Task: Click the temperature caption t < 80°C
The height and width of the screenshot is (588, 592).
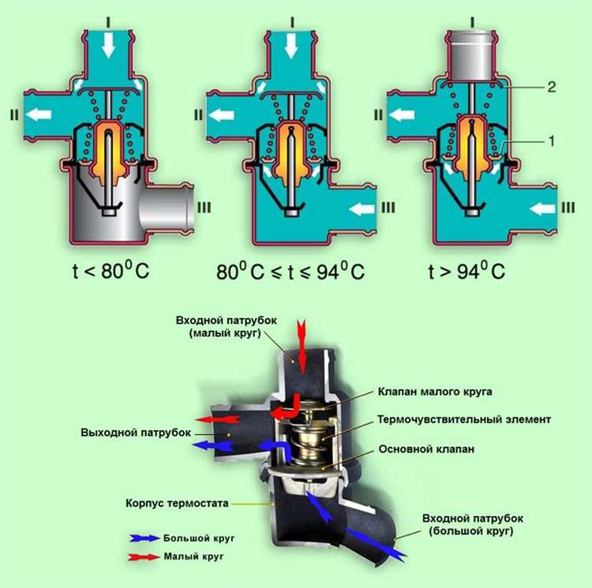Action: point(111,271)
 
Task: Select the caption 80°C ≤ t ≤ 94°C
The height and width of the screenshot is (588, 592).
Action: point(290,271)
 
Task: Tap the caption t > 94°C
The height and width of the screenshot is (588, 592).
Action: point(466,271)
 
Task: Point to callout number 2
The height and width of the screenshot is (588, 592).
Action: point(552,87)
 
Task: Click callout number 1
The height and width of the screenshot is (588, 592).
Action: point(552,141)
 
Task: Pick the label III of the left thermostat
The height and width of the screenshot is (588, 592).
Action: point(204,208)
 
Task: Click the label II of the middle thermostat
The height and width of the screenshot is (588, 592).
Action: point(198,114)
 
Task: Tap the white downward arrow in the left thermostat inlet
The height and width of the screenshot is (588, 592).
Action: point(109,45)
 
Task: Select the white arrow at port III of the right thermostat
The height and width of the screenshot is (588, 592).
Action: point(542,208)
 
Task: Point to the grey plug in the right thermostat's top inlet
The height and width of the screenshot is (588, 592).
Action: point(470,57)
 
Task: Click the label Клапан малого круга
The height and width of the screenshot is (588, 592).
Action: point(435,391)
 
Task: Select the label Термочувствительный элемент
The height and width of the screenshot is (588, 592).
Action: point(464,419)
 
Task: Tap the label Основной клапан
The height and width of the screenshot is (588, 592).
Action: point(426,449)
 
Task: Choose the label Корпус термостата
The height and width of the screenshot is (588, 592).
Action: point(177,503)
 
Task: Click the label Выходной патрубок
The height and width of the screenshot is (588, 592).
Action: point(136,433)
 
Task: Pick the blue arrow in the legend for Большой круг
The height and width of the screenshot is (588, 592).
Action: point(144,538)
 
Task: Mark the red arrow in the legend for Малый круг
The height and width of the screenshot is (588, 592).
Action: point(143,556)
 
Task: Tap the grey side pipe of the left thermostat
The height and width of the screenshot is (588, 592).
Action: point(167,208)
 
